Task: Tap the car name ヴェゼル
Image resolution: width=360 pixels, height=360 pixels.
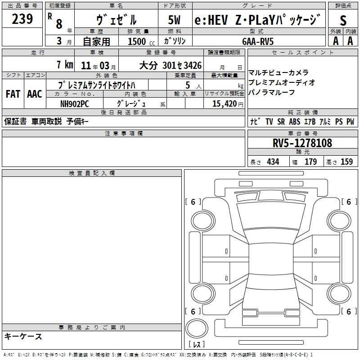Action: [x=117, y=20]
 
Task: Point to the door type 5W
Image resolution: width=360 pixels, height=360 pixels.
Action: [x=175, y=20]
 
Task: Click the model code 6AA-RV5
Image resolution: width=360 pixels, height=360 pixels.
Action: [x=257, y=41]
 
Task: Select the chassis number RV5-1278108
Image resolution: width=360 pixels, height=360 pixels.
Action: [x=302, y=143]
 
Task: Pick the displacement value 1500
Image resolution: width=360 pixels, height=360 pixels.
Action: [x=137, y=41]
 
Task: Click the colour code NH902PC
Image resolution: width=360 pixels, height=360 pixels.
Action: [x=75, y=103]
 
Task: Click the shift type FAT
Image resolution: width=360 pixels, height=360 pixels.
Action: [x=13, y=94]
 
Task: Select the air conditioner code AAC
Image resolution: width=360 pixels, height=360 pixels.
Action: [x=35, y=94]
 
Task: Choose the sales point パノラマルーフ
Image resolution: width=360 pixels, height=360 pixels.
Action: [x=271, y=92]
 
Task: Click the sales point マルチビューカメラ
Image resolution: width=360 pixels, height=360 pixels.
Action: [x=278, y=72]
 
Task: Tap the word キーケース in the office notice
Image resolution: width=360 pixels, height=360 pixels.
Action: [x=23, y=336]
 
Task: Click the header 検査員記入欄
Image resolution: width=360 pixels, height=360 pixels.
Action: [x=92, y=173]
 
